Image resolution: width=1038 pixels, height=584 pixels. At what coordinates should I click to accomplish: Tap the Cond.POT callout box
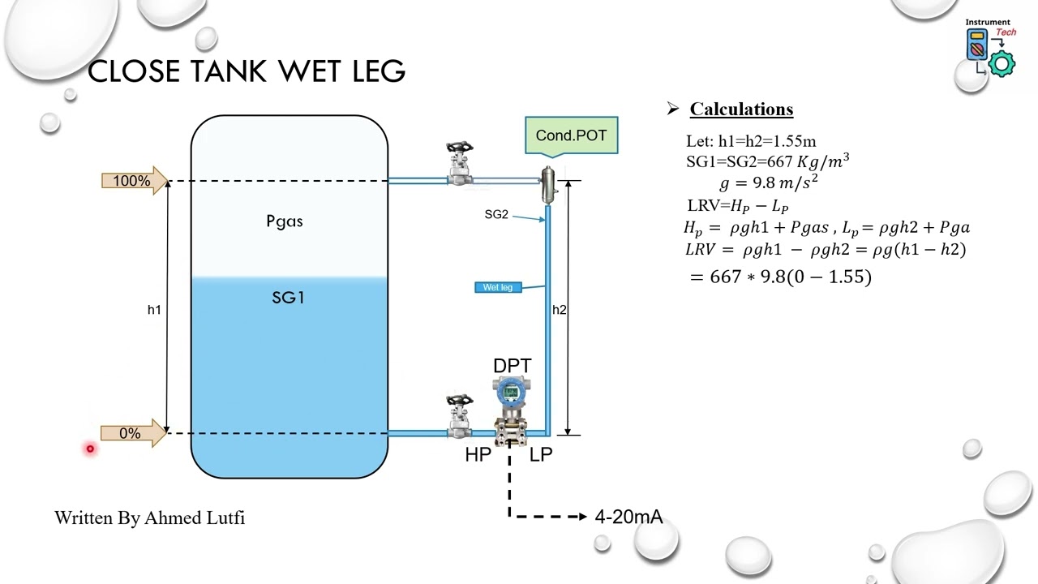pos(571,135)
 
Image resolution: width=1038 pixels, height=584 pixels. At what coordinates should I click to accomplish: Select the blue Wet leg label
pos(498,287)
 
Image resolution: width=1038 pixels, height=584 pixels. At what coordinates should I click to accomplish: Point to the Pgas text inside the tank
pos(285,221)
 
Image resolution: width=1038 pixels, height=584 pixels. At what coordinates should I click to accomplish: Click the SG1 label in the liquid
pos(288,298)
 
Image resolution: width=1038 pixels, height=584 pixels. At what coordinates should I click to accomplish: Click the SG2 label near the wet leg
pos(496,214)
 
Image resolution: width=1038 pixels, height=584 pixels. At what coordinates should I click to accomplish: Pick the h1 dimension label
pos(154,310)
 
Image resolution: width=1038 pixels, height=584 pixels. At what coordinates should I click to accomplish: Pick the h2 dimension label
pos(560,310)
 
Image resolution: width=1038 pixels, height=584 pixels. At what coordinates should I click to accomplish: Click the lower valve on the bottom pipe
pos(460,417)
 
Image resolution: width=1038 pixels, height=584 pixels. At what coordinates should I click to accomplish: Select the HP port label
pos(478,455)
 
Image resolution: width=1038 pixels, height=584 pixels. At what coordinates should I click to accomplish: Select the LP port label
pos(541,455)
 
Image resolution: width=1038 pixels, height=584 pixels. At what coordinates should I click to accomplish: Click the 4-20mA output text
pos(628,517)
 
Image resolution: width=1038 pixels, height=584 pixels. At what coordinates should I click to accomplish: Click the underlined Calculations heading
pos(741,109)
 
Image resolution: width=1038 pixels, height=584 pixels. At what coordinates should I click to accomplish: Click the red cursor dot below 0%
pos(90,449)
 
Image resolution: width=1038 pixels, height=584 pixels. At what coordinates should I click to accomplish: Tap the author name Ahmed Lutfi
pos(195,517)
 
